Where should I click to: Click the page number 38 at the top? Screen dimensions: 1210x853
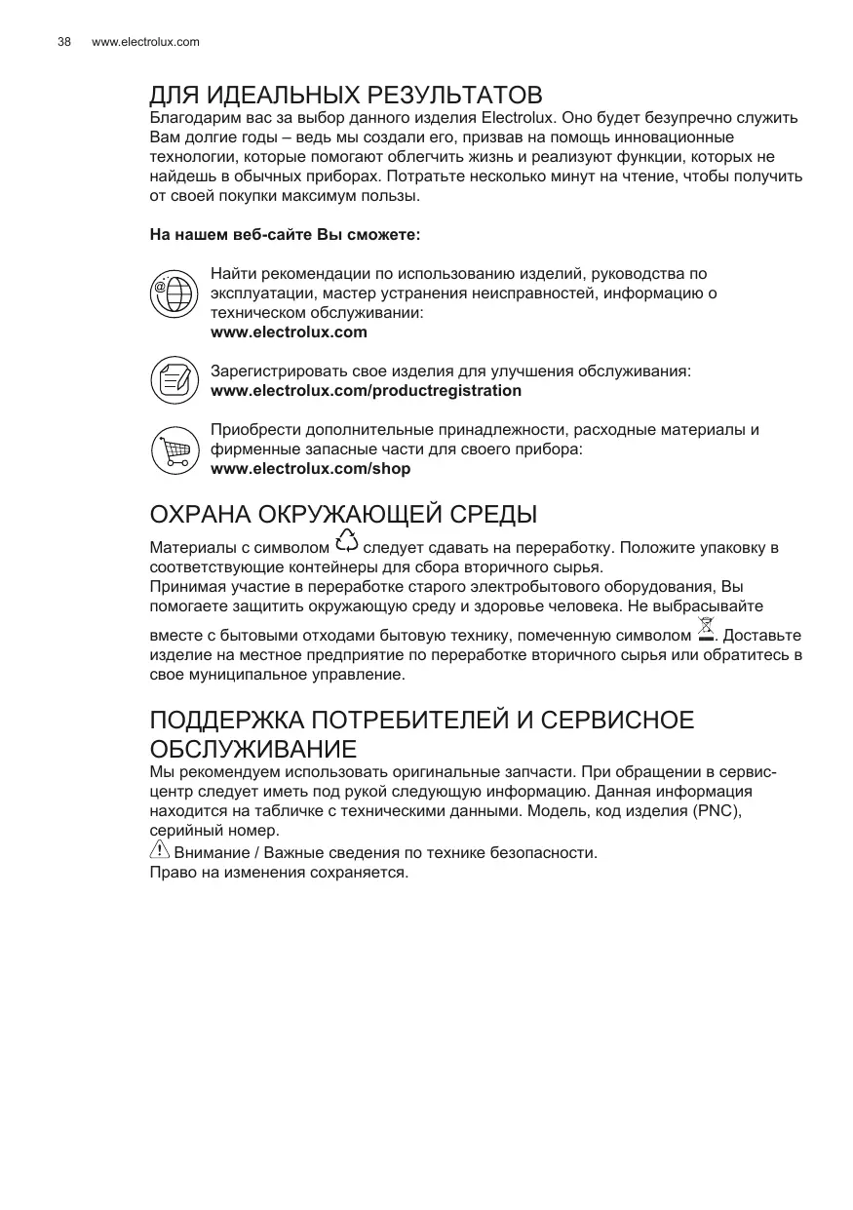(64, 42)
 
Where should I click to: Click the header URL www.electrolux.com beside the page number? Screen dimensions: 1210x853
(145, 42)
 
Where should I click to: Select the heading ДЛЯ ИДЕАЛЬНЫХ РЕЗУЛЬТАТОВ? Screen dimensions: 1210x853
(345, 96)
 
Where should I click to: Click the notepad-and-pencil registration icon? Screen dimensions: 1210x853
(174, 379)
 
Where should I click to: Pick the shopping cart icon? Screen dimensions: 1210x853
(174, 449)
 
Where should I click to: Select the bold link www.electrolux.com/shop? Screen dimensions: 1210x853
(310, 469)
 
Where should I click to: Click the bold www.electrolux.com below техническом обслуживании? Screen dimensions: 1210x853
(289, 332)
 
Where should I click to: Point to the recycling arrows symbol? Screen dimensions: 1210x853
(346, 542)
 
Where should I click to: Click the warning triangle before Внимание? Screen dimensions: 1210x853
(159, 850)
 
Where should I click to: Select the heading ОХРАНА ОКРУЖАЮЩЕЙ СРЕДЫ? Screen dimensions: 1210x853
(343, 514)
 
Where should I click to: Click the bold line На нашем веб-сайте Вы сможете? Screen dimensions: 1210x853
(285, 235)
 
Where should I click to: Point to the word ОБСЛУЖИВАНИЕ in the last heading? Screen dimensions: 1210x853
(252, 751)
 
